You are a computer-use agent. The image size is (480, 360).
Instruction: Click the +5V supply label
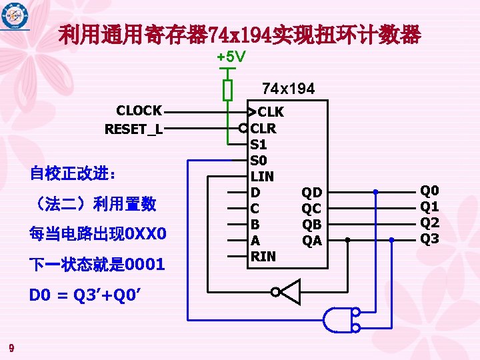pyautogui.click(x=231, y=58)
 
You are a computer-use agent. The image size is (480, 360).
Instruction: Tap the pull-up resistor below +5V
pyautogui.click(x=227, y=89)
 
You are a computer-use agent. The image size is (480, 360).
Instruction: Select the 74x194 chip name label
pyautogui.click(x=288, y=89)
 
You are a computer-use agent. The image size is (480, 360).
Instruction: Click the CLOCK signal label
pyautogui.click(x=139, y=111)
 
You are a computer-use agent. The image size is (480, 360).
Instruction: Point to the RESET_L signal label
pyautogui.click(x=133, y=129)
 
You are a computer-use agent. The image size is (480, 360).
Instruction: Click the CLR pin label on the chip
pyautogui.click(x=263, y=128)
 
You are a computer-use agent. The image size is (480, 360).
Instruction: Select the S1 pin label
pyautogui.click(x=258, y=144)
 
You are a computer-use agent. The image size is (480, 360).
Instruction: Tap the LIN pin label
pyautogui.click(x=261, y=176)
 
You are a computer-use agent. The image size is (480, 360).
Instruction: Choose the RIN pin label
pyautogui.click(x=262, y=256)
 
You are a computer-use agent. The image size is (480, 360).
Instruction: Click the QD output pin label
pyautogui.click(x=312, y=193)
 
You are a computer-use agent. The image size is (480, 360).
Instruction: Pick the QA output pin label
pyautogui.click(x=312, y=241)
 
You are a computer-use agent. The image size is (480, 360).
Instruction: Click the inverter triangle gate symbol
pyautogui.click(x=289, y=292)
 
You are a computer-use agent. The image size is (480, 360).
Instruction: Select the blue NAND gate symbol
pyautogui.click(x=337, y=319)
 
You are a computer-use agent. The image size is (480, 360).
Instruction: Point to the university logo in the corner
pyautogui.click(x=15, y=15)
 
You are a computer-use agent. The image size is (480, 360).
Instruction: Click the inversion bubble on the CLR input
pyautogui.click(x=244, y=128)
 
